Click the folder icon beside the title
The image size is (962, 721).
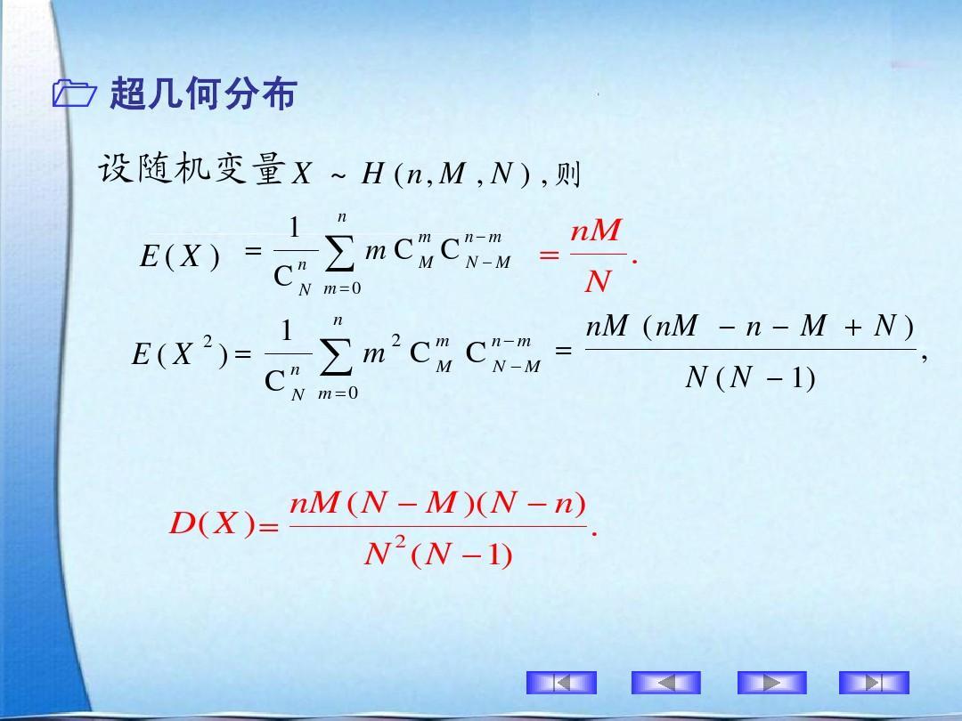(74, 93)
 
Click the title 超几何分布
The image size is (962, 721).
(203, 93)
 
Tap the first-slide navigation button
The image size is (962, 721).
(561, 683)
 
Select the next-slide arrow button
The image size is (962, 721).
(771, 683)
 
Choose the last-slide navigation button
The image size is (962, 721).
(874, 683)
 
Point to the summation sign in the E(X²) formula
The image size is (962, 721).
(336, 355)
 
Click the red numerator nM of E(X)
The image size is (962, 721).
(596, 231)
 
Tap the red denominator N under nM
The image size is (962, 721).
(598, 282)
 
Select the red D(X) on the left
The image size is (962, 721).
(212, 523)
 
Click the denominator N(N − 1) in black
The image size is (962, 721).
(750, 377)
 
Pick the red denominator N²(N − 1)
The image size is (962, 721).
(438, 553)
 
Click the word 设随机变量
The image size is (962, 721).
(192, 168)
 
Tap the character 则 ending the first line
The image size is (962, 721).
(567, 174)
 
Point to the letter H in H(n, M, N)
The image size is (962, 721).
(372, 174)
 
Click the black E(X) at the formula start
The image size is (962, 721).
(180, 255)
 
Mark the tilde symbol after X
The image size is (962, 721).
(338, 177)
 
